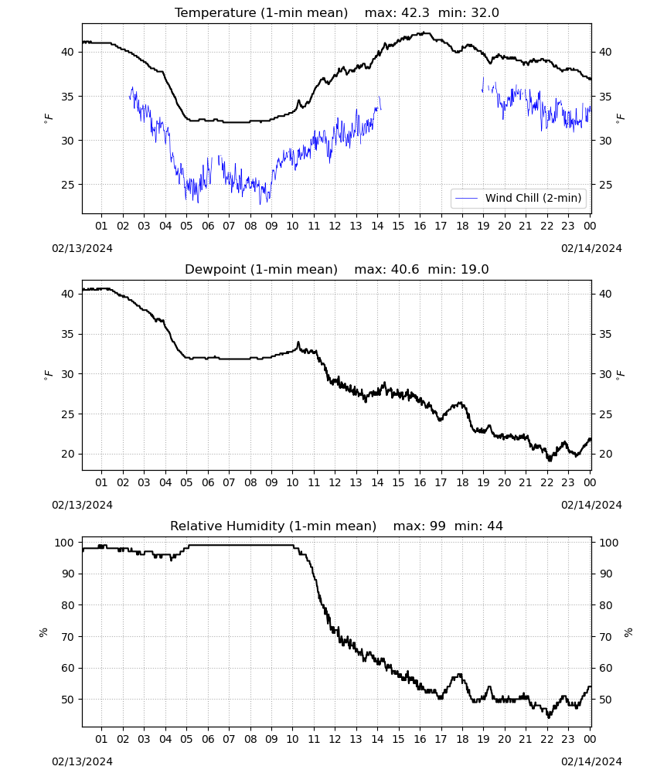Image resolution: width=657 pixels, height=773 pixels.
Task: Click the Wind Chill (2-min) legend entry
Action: point(519,198)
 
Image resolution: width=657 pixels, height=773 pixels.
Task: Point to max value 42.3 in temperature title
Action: point(416,12)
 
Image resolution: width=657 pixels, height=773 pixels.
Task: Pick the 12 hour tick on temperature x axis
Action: point(335,226)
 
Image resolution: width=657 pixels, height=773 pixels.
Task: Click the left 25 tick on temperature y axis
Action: point(67,185)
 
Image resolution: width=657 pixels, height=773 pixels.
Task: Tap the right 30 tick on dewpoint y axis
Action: point(605,374)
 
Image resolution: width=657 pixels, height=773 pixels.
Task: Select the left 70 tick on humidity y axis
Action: point(67,637)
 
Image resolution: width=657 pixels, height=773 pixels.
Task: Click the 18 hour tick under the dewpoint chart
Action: point(462,482)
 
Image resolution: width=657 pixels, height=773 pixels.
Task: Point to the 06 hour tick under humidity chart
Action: point(208,740)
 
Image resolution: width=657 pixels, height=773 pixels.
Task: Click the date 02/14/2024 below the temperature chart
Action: point(591,248)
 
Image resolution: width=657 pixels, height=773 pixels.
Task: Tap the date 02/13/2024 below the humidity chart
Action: point(82,761)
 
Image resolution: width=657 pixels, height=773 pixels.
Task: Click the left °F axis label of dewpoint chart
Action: point(48,374)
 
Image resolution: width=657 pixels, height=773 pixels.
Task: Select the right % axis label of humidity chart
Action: point(628,632)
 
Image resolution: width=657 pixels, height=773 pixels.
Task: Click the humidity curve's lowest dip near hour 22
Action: point(549,717)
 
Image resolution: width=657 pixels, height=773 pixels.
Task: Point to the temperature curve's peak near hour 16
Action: point(425,33)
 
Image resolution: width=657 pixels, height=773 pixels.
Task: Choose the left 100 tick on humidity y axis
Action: point(65,543)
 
